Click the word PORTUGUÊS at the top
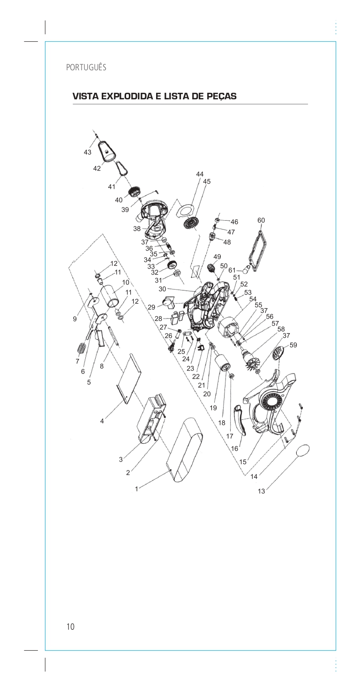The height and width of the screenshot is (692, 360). [86, 67]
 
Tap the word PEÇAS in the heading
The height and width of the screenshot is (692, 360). [220, 97]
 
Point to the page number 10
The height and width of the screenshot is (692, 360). [70, 627]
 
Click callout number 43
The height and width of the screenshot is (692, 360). [88, 152]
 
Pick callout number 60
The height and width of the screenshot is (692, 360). [261, 220]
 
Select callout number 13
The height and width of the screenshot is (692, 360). [261, 491]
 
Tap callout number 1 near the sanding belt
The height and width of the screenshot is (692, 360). [136, 489]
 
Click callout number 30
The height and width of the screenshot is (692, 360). [162, 289]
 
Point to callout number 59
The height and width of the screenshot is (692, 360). [293, 345]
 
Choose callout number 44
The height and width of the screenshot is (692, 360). [200, 174]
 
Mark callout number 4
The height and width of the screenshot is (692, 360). [102, 421]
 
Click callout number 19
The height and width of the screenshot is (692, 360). [213, 408]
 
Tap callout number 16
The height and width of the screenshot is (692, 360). [234, 448]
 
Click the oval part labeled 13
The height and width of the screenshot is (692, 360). [304, 451]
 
